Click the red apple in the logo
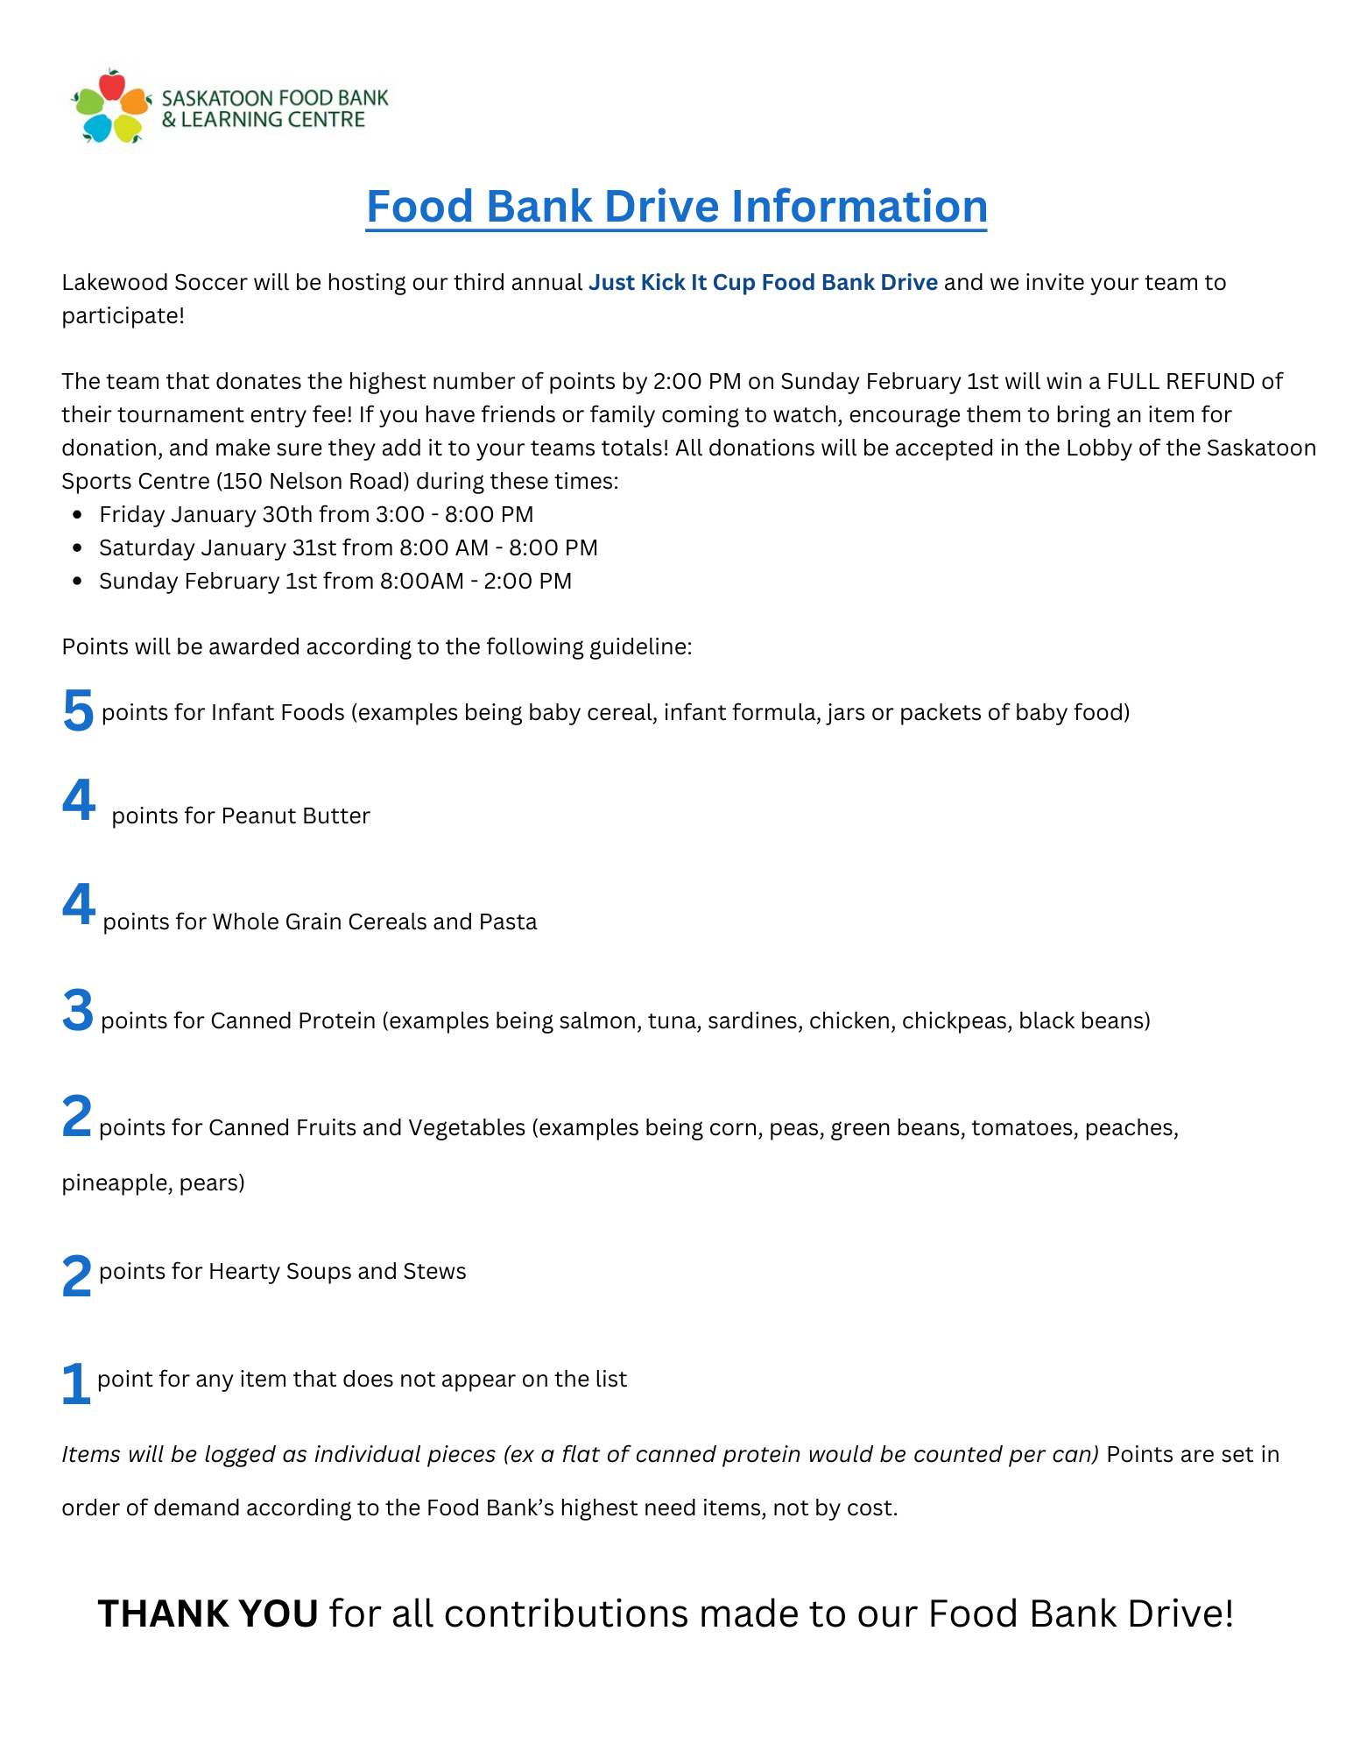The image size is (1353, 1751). pyautogui.click(x=111, y=85)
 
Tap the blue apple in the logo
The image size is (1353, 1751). pyautogui.click(x=96, y=128)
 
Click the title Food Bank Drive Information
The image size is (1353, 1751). pyautogui.click(x=676, y=207)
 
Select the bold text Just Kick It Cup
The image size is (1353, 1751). pyautogui.click(x=672, y=282)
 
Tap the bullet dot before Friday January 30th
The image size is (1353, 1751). pyautogui.click(x=78, y=515)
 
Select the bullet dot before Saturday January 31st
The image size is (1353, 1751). pyautogui.click(x=78, y=548)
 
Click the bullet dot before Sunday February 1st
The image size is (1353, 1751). pyautogui.click(x=78, y=582)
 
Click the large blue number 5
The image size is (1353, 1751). pyautogui.click(x=78, y=710)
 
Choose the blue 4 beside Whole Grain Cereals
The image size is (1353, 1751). pyautogui.click(x=78, y=904)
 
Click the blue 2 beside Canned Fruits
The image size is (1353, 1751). pyautogui.click(x=77, y=1117)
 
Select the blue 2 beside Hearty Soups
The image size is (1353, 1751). pyautogui.click(x=77, y=1276)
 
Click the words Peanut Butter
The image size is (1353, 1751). pyautogui.click(x=296, y=815)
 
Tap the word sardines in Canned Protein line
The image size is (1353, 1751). pyautogui.click(x=754, y=1021)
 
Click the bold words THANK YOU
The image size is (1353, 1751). pyautogui.click(x=208, y=1613)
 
